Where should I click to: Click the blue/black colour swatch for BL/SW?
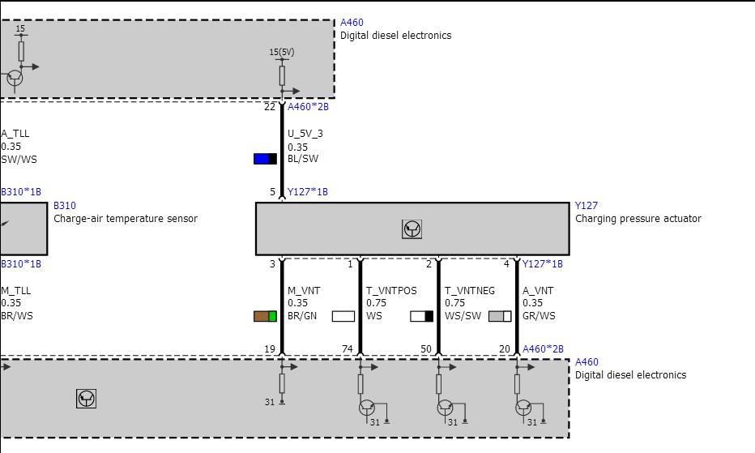(x=266, y=159)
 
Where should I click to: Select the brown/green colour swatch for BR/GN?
(x=266, y=316)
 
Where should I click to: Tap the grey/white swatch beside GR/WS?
(x=500, y=316)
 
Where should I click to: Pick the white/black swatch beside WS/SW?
(x=422, y=316)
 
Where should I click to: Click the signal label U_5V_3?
(x=305, y=134)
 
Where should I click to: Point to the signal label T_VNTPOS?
(x=391, y=291)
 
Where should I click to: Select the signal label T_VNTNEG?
(x=470, y=291)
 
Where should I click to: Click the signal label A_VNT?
(x=538, y=291)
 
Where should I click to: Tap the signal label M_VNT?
(x=304, y=291)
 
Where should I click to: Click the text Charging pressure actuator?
(x=638, y=219)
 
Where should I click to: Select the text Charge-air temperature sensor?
(x=126, y=219)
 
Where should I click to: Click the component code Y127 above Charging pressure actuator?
(x=586, y=206)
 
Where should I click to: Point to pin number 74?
(x=348, y=349)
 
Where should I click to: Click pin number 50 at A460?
(x=426, y=349)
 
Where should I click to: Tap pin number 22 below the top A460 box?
(x=270, y=107)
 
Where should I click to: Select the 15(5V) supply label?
(x=282, y=52)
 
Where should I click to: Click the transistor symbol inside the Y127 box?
(x=412, y=229)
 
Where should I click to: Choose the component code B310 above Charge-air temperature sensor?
(x=65, y=206)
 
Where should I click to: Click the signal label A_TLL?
(x=15, y=134)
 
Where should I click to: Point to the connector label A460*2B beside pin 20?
(x=543, y=349)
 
